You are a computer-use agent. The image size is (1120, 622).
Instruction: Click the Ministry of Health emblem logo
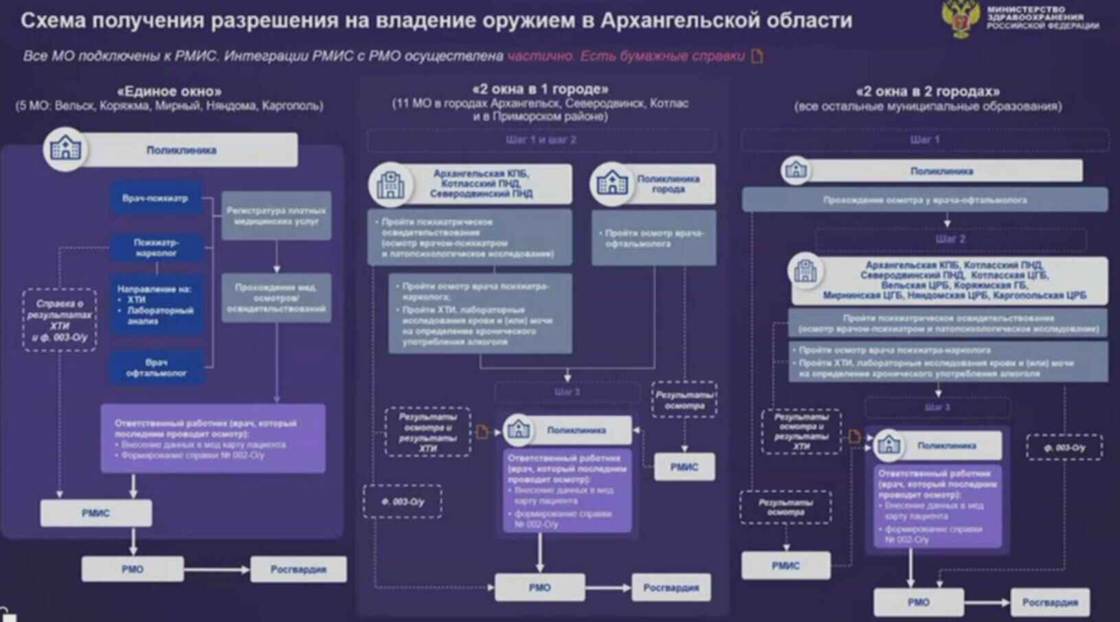point(961,19)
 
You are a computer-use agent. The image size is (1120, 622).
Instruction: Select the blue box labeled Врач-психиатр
point(156,198)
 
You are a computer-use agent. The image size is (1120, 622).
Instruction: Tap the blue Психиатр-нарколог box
point(156,247)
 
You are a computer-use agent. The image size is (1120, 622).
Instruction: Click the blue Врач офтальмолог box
point(156,368)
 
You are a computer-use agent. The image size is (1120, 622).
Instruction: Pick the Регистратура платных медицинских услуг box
point(276,216)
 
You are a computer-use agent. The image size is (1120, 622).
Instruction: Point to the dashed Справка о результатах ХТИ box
point(60,320)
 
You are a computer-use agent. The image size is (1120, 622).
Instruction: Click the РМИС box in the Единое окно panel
point(96,513)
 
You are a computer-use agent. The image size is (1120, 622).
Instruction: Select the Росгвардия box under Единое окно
point(298,569)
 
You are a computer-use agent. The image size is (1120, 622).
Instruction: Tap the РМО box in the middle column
point(539,588)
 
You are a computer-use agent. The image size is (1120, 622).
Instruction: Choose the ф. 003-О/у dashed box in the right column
point(1064,447)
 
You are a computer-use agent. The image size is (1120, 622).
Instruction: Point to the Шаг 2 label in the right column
point(950,239)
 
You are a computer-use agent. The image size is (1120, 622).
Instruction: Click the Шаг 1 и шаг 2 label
point(541,140)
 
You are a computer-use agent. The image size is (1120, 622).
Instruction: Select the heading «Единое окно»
point(169,91)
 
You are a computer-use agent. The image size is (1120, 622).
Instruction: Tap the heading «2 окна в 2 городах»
point(928,91)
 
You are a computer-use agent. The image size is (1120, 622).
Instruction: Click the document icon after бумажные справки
point(757,56)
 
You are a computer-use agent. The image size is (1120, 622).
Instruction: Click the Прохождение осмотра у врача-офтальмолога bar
point(925,200)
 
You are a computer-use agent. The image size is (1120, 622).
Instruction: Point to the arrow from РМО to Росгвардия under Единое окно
point(216,569)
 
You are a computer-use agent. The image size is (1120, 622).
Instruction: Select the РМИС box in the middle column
point(684,467)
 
